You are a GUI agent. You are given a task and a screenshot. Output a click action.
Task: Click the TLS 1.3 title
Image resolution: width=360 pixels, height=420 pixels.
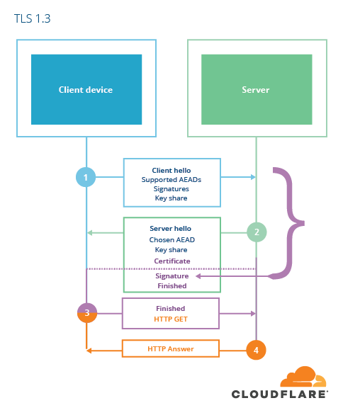click(32, 18)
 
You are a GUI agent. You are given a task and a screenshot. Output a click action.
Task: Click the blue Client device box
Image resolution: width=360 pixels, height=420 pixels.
click(86, 89)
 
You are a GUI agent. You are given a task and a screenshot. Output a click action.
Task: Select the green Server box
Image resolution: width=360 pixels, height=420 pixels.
click(257, 89)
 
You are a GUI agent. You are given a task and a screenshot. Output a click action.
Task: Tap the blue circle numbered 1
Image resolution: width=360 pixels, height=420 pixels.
click(86, 177)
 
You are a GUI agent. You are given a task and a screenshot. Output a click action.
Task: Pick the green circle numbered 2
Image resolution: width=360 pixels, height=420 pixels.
click(257, 232)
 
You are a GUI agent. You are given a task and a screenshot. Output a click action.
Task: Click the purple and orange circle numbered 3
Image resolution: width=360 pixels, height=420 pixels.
click(87, 312)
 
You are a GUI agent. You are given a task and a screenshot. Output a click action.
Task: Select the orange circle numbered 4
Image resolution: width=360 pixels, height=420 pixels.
click(256, 350)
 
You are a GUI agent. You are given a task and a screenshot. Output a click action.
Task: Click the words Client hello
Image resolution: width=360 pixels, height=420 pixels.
click(171, 171)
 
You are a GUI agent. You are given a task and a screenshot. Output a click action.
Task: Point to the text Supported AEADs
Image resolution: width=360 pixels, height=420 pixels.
click(171, 180)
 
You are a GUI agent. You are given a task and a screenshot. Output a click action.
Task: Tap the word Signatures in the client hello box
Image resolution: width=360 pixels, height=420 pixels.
click(171, 189)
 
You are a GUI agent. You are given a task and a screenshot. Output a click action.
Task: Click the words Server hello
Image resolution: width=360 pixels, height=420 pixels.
click(171, 229)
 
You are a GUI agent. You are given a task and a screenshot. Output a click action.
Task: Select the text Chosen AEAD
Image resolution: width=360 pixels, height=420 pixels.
click(171, 239)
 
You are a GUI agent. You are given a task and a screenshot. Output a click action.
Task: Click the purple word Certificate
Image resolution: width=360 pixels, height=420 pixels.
click(172, 261)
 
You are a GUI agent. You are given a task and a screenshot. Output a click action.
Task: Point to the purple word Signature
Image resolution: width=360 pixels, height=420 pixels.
click(172, 276)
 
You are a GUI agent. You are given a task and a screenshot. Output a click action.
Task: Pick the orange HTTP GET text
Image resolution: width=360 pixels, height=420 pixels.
click(171, 319)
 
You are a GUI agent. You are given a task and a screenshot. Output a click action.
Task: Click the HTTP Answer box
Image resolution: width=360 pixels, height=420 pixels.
click(171, 348)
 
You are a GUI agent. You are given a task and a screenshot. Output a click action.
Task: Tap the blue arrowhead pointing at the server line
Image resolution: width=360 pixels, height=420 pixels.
click(253, 177)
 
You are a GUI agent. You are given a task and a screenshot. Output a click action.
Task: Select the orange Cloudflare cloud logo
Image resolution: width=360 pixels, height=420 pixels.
click(303, 377)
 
